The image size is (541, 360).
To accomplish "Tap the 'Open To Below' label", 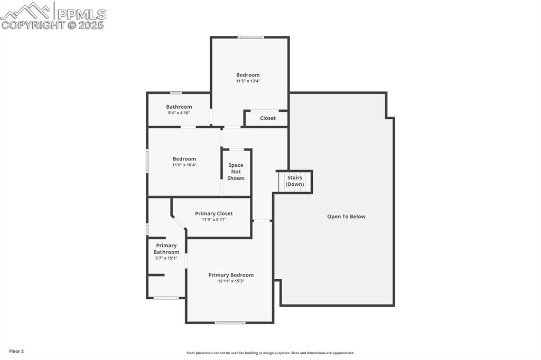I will (346, 216).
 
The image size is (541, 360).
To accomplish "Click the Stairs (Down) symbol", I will (294, 182).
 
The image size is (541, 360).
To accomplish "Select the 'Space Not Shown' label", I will (236, 172).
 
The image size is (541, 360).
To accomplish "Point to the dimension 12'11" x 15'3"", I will (231, 281).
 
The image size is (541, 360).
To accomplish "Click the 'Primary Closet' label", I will (213, 213).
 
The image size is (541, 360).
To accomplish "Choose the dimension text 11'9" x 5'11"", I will (213, 220).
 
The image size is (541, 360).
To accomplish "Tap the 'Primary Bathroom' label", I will (166, 249).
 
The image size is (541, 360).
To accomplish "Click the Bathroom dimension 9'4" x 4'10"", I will (179, 113).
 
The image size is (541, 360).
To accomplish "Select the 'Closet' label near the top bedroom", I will (268, 118).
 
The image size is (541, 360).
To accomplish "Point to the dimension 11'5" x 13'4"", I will (248, 81).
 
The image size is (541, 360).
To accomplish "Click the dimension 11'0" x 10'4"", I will (184, 165).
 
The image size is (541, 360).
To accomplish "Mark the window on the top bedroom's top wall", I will (250, 37).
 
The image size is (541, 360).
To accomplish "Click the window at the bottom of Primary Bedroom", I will (230, 323).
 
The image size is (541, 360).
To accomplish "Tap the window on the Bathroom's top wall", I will (175, 93).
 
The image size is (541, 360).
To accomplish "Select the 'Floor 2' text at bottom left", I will (16, 351).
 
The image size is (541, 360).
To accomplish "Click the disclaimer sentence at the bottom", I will (270, 353).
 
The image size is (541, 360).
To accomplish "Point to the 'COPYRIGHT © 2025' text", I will (53, 25).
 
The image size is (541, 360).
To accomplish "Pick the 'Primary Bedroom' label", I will (231, 275).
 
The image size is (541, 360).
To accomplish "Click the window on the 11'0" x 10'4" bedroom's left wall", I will (147, 161).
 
